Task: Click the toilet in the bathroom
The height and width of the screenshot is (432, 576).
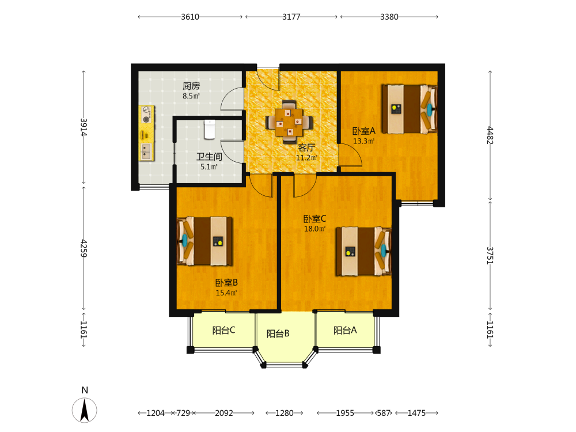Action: [x=210, y=130]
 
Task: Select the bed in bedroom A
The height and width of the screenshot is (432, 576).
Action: [x=410, y=109]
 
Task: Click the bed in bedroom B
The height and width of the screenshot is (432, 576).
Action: [x=204, y=241]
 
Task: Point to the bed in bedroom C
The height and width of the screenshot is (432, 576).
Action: [x=363, y=251]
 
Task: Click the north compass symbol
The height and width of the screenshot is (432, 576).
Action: [x=85, y=409]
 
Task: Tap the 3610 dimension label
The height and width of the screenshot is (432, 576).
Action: [x=190, y=17]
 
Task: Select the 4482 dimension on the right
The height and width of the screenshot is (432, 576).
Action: [x=490, y=135]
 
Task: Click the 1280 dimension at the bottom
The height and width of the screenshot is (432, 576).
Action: [x=285, y=413]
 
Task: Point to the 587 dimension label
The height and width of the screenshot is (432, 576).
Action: [x=384, y=413]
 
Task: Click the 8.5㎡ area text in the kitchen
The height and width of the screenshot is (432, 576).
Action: [x=191, y=96]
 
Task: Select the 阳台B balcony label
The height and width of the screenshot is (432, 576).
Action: [x=278, y=334]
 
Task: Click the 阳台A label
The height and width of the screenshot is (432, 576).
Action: [x=345, y=330]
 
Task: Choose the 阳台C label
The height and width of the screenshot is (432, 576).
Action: [x=223, y=330]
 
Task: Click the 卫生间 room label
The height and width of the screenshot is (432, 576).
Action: [x=210, y=157]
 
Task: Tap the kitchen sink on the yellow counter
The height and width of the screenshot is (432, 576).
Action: [x=146, y=151]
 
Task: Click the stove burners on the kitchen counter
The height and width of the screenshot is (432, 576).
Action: [x=146, y=114]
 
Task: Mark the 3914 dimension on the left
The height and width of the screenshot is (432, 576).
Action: [x=84, y=127]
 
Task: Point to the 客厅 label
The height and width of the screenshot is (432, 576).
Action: [x=306, y=147]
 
